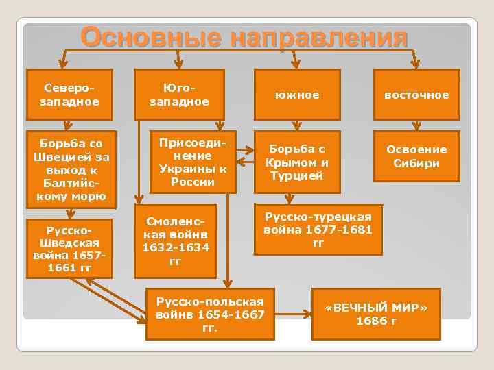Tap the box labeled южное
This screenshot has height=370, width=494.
tap(298, 95)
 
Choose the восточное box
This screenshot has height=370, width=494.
tap(416, 95)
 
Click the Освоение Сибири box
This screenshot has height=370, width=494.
tap(416, 156)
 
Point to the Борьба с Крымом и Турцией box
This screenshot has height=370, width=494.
tap(298, 163)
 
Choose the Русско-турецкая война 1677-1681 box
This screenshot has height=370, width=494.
tap(318, 229)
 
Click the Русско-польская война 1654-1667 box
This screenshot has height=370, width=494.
tap(209, 314)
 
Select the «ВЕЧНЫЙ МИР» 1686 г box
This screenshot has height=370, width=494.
tap(375, 314)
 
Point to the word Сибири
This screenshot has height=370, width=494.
tap(416, 163)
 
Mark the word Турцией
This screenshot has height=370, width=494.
tap(298, 176)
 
